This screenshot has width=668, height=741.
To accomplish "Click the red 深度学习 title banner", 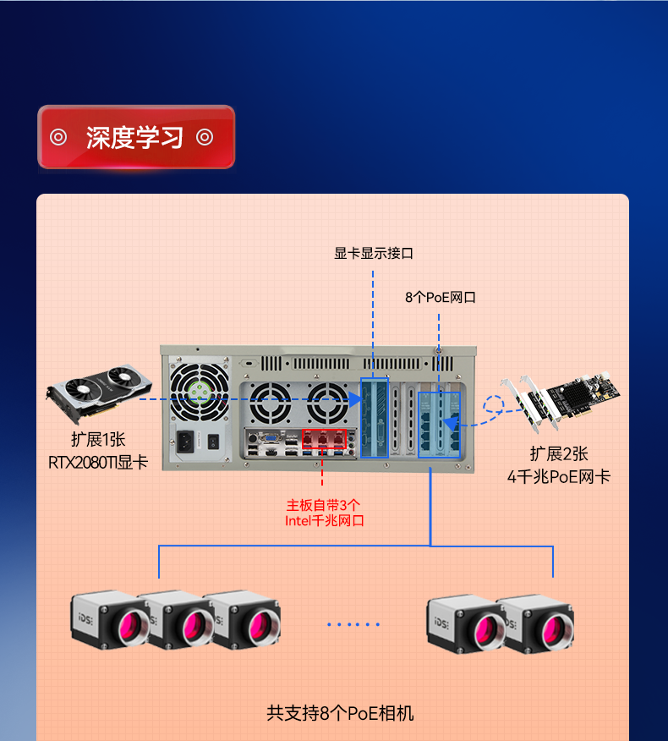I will click(135, 137).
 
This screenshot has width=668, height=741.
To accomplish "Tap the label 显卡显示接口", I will click(374, 253).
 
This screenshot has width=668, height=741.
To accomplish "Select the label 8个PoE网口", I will click(441, 297).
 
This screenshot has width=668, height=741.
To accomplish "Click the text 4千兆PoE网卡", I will click(558, 476).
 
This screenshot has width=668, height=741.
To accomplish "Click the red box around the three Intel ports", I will click(325, 438).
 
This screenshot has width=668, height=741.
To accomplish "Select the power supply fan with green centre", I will click(200, 391).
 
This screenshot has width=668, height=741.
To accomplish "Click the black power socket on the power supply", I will click(186, 441).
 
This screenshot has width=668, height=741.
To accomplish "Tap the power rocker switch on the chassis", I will click(214, 441).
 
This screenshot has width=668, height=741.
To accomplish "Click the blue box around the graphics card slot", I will click(375, 418).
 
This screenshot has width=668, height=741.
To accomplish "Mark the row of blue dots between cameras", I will click(353, 625).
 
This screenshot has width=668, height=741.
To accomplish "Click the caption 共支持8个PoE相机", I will click(340, 713).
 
